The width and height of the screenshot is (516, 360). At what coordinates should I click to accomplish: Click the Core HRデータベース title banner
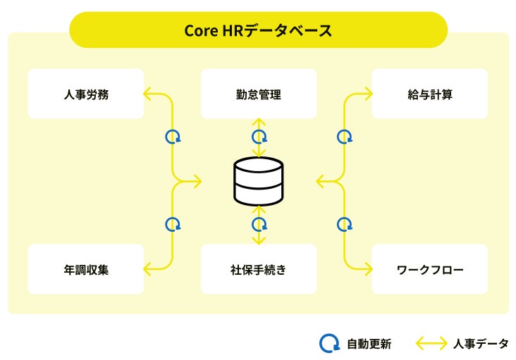pyautogui.click(x=258, y=30)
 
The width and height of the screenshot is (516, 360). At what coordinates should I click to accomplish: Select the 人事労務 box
pyautogui.click(x=85, y=94)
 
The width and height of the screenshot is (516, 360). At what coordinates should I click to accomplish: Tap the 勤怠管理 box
pyautogui.click(x=258, y=94)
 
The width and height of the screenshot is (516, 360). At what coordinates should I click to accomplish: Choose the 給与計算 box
pyautogui.click(x=429, y=94)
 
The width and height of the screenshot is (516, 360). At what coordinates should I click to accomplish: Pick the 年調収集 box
pyautogui.click(x=85, y=269)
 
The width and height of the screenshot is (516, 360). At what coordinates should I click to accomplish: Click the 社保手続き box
pyautogui.click(x=258, y=269)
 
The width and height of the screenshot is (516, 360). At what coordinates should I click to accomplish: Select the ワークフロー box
pyautogui.click(x=429, y=269)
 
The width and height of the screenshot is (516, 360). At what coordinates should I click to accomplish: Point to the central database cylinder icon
pyautogui.click(x=258, y=181)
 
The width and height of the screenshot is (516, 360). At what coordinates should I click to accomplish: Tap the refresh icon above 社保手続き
pyautogui.click(x=259, y=225)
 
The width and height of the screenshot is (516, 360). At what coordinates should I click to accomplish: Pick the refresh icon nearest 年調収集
pyautogui.click(x=173, y=225)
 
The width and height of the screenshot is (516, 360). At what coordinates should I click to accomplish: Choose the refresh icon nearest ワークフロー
pyautogui.click(x=344, y=225)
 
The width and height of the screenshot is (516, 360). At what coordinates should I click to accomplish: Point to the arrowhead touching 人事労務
pyautogui.click(x=148, y=94)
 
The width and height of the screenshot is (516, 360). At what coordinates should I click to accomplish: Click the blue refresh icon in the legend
pyautogui.click(x=329, y=343)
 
